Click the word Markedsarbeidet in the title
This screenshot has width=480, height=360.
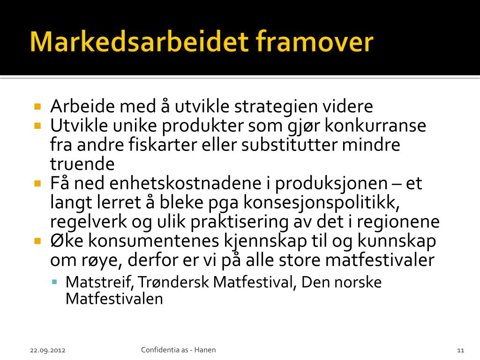(139, 41)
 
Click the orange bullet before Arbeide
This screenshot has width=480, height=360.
(37, 106)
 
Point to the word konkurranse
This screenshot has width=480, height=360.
(375, 126)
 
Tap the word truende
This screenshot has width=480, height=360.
(82, 164)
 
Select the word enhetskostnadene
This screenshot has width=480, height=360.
(185, 183)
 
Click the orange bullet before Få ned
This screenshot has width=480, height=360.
(37, 184)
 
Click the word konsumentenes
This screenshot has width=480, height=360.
(154, 241)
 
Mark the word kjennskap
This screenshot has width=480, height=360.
(265, 241)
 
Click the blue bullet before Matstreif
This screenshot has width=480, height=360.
(55, 282)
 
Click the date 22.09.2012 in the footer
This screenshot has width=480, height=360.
(48, 350)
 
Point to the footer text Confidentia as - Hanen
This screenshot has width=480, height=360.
(179, 350)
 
